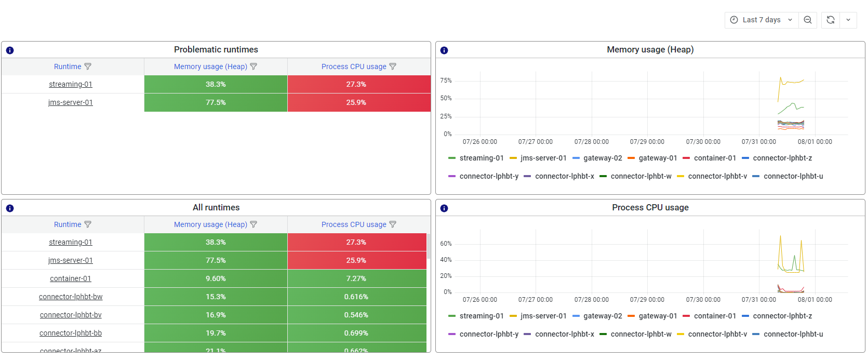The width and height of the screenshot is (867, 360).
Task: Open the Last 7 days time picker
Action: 761,20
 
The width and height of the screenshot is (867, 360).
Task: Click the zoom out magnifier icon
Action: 807,20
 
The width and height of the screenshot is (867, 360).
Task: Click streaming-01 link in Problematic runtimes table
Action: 71,84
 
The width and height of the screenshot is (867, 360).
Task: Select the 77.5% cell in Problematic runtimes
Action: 216,102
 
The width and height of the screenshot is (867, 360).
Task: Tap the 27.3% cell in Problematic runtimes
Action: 356,84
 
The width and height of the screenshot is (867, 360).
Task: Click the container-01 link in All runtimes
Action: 71,278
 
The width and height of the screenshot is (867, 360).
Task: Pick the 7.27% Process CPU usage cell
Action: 356,278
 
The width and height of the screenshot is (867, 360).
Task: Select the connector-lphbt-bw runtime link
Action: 71,297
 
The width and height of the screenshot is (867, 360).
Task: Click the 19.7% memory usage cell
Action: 216,333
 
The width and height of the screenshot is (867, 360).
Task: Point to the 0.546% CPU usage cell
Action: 356,315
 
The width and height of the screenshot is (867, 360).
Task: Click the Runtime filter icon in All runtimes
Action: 88,224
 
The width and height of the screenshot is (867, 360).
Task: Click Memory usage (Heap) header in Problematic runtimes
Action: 210,66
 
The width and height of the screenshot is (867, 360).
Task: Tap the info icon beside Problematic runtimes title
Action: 10,50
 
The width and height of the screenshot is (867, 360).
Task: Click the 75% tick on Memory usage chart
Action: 446,81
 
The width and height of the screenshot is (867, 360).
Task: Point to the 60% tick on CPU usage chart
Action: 446,244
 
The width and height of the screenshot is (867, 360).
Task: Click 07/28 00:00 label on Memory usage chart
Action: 591,142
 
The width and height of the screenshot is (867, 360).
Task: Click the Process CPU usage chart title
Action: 650,207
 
